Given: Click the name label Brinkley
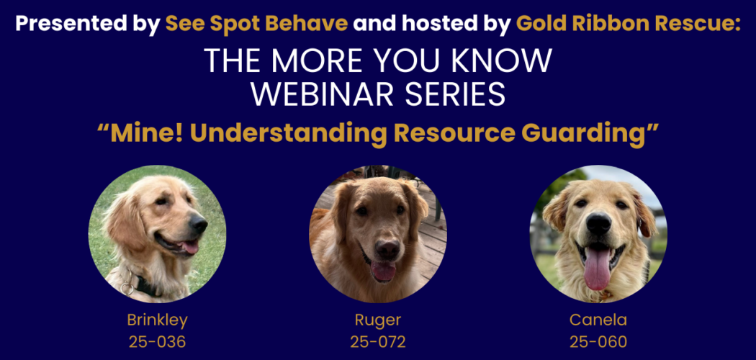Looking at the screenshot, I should pyautogui.click(x=157, y=320).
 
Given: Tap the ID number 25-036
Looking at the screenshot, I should pyautogui.click(x=157, y=341).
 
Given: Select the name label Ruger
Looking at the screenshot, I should pyautogui.click(x=378, y=320).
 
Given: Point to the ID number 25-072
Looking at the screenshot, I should pyautogui.click(x=378, y=341).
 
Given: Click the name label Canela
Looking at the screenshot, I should pyautogui.click(x=598, y=320).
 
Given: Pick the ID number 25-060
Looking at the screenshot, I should pyautogui.click(x=598, y=341).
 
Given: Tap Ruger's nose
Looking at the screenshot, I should pyautogui.click(x=387, y=248).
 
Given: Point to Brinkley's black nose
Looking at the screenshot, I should pyautogui.click(x=199, y=225).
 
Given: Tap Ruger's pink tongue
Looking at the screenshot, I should pyautogui.click(x=383, y=272).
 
